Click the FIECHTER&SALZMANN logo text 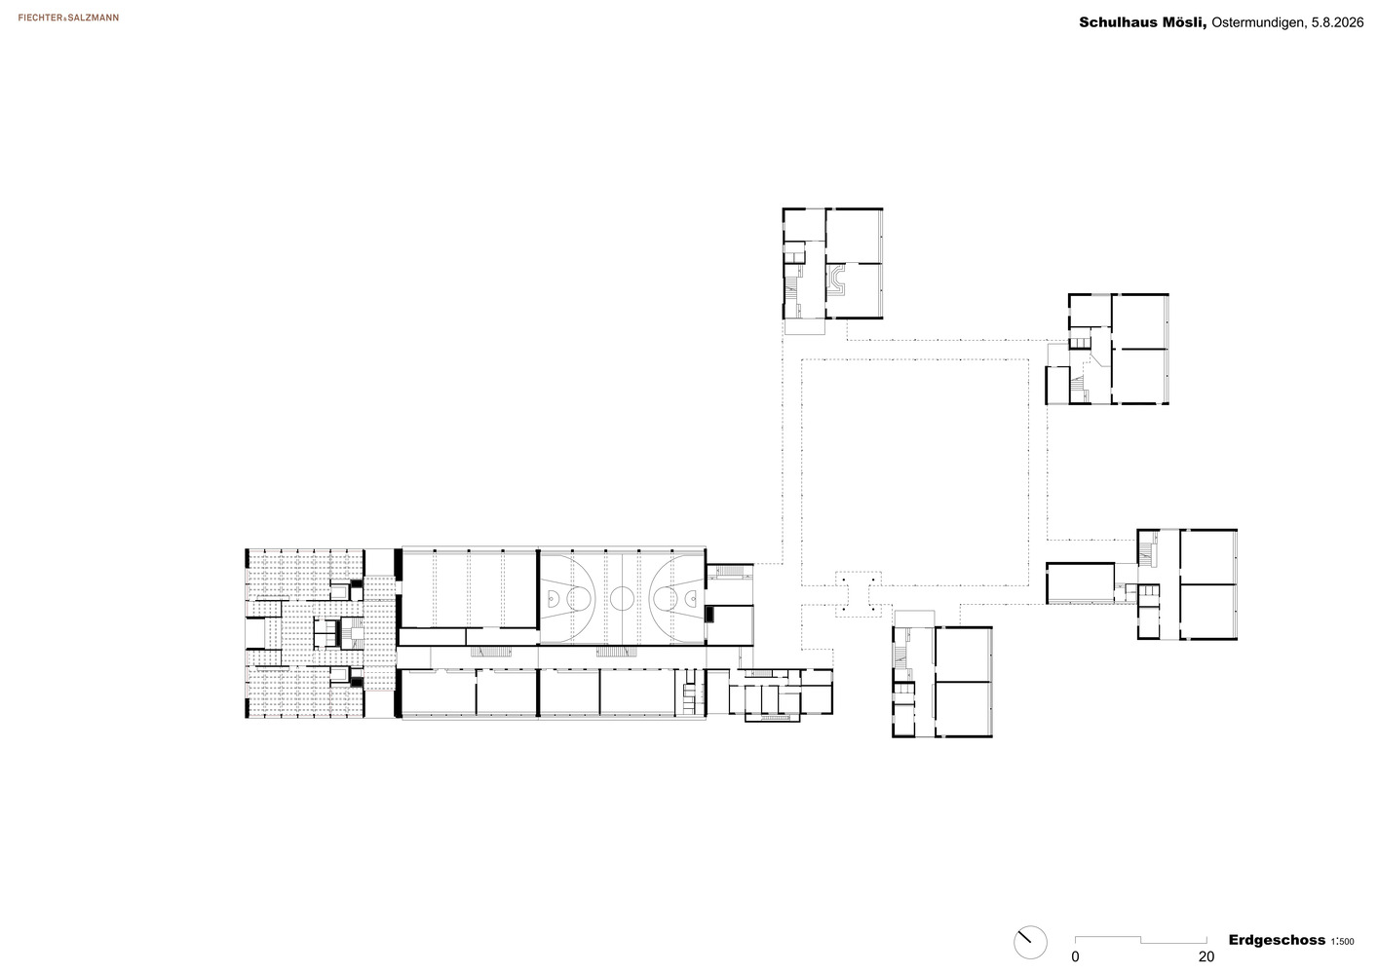68,18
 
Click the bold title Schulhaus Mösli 1143,22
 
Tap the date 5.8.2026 1336,22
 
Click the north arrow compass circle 1030,943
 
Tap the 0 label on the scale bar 1075,956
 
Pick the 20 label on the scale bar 1206,956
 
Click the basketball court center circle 622,598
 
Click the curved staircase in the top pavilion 836,281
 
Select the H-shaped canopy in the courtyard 859,594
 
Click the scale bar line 1140,939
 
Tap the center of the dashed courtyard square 915,472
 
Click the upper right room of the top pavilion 854,237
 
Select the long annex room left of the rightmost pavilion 1080,582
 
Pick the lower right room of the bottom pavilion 964,708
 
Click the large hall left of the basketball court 469,589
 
